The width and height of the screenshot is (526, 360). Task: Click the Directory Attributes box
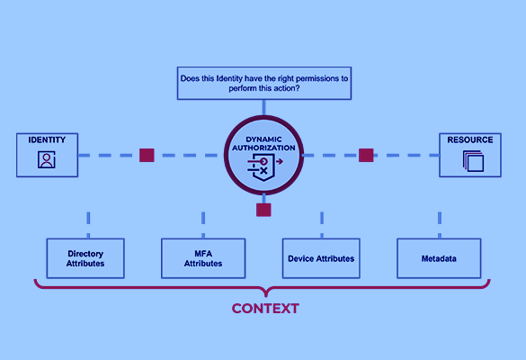[x=85, y=258]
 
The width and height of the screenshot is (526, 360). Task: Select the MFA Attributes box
[x=203, y=258]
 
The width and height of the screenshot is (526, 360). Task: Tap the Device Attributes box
[x=321, y=258]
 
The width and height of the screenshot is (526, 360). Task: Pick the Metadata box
[x=439, y=258]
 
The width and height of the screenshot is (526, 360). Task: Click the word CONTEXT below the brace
[x=265, y=309]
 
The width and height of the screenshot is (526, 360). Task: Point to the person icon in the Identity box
[x=47, y=159]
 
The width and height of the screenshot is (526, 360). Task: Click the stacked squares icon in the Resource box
[x=473, y=161]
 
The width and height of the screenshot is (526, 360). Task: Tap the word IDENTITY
[x=47, y=139]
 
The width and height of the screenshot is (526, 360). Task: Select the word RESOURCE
[x=470, y=139]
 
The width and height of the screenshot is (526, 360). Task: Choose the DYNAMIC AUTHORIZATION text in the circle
[x=264, y=143]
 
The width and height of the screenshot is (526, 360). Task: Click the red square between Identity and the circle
[x=147, y=155]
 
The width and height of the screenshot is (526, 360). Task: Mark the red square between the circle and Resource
[x=366, y=155]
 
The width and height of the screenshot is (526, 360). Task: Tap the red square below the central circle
[x=263, y=210]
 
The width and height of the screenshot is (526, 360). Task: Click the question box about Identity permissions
[x=264, y=84]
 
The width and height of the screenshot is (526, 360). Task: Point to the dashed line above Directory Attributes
[x=88, y=225]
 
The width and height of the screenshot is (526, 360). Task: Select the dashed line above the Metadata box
[x=440, y=225]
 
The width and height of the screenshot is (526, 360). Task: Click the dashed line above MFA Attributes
[x=203, y=225]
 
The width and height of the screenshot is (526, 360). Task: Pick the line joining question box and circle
[x=264, y=108]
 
